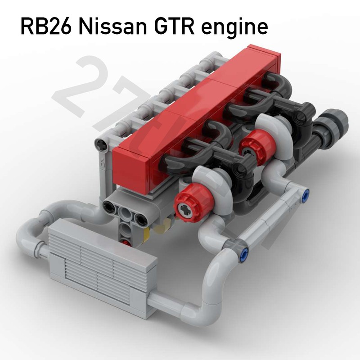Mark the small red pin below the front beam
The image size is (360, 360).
coord(130,242)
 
